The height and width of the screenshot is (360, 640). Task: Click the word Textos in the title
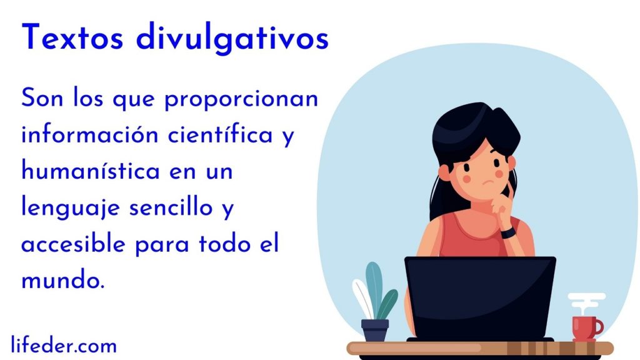point(72,37)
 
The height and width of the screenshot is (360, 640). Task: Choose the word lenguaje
point(70,208)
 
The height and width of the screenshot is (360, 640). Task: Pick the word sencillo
point(171,207)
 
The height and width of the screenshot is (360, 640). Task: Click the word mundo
point(63,280)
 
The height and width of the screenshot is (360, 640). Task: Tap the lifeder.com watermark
point(64,345)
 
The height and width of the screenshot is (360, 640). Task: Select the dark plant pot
point(375,330)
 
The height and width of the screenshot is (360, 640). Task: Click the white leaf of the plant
point(362,298)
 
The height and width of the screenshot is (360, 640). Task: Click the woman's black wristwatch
point(507,232)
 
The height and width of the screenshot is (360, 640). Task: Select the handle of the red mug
point(599,326)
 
